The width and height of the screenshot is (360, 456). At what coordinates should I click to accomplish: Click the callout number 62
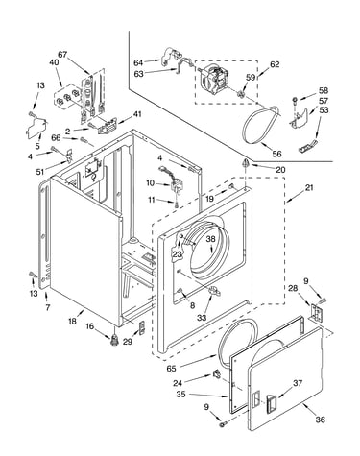pyautogui.click(x=275, y=64)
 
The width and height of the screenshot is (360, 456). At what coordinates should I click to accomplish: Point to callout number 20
pyautogui.click(x=280, y=170)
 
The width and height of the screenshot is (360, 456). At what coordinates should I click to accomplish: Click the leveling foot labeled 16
pyautogui.click(x=113, y=340)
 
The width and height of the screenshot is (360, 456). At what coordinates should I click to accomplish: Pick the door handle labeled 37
pyautogui.click(x=272, y=402)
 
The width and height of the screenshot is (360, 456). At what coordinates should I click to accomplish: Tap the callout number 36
pyautogui.click(x=321, y=420)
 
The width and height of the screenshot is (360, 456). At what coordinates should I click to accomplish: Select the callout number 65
pyautogui.click(x=171, y=369)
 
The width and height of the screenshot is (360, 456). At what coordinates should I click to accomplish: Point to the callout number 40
pyautogui.click(x=54, y=62)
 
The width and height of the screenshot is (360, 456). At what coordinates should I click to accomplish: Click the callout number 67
pyautogui.click(x=62, y=55)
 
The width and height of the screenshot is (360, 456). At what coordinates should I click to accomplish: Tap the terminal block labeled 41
pyautogui.click(x=107, y=127)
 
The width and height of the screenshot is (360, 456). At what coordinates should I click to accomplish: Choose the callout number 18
pyautogui.click(x=73, y=321)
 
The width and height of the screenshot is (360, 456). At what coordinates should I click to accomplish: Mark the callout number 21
pyautogui.click(x=309, y=188)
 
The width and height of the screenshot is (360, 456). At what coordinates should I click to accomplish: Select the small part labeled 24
pyautogui.click(x=217, y=373)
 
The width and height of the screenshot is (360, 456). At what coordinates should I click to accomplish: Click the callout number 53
pyautogui.click(x=324, y=110)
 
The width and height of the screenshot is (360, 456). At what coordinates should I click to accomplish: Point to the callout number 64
pyautogui.click(x=138, y=62)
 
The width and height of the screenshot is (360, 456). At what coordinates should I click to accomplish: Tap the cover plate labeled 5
pyautogui.click(x=36, y=128)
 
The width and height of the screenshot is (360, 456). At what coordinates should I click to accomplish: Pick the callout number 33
pyautogui.click(x=202, y=318)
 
